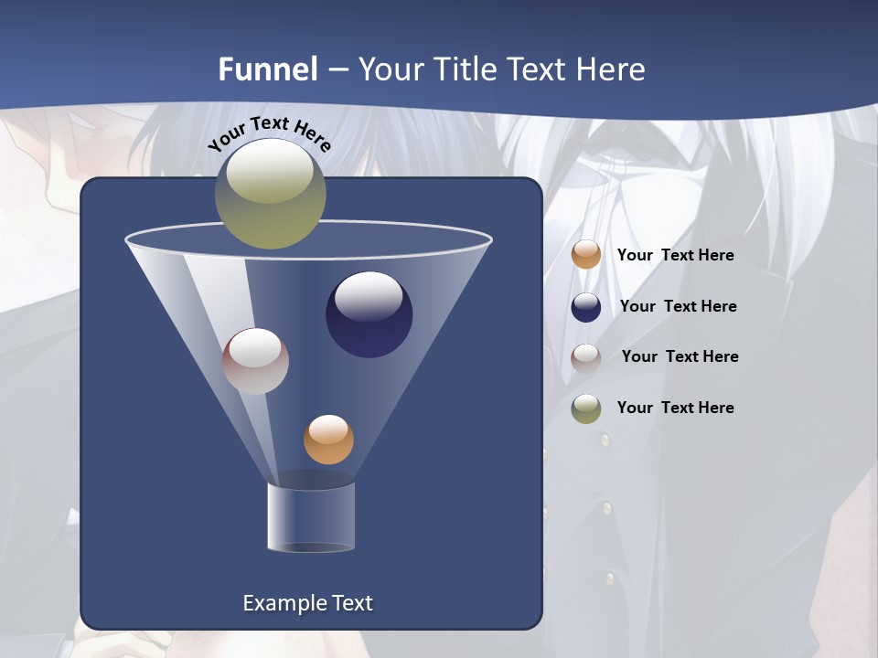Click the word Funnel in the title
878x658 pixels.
click(268, 69)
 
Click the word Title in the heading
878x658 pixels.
click(462, 69)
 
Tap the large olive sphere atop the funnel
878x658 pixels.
click(270, 194)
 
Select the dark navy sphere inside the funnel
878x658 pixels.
click(369, 314)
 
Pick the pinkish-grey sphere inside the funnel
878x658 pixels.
click(255, 361)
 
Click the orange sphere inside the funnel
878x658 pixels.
click(328, 440)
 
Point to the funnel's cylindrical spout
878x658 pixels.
click(311, 517)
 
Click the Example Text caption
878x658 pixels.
click(308, 603)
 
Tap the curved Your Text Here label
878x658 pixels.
click(269, 133)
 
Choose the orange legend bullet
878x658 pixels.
click(586, 255)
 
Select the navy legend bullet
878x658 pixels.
click(586, 307)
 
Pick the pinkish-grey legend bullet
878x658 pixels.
click(586, 357)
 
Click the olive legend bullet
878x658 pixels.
click(586, 409)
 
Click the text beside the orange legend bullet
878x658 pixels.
click(675, 255)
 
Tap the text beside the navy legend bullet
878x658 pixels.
click(678, 306)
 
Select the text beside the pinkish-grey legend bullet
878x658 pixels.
click(680, 356)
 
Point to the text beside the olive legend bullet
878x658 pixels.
click(675, 408)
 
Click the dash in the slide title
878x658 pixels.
click(337, 70)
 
